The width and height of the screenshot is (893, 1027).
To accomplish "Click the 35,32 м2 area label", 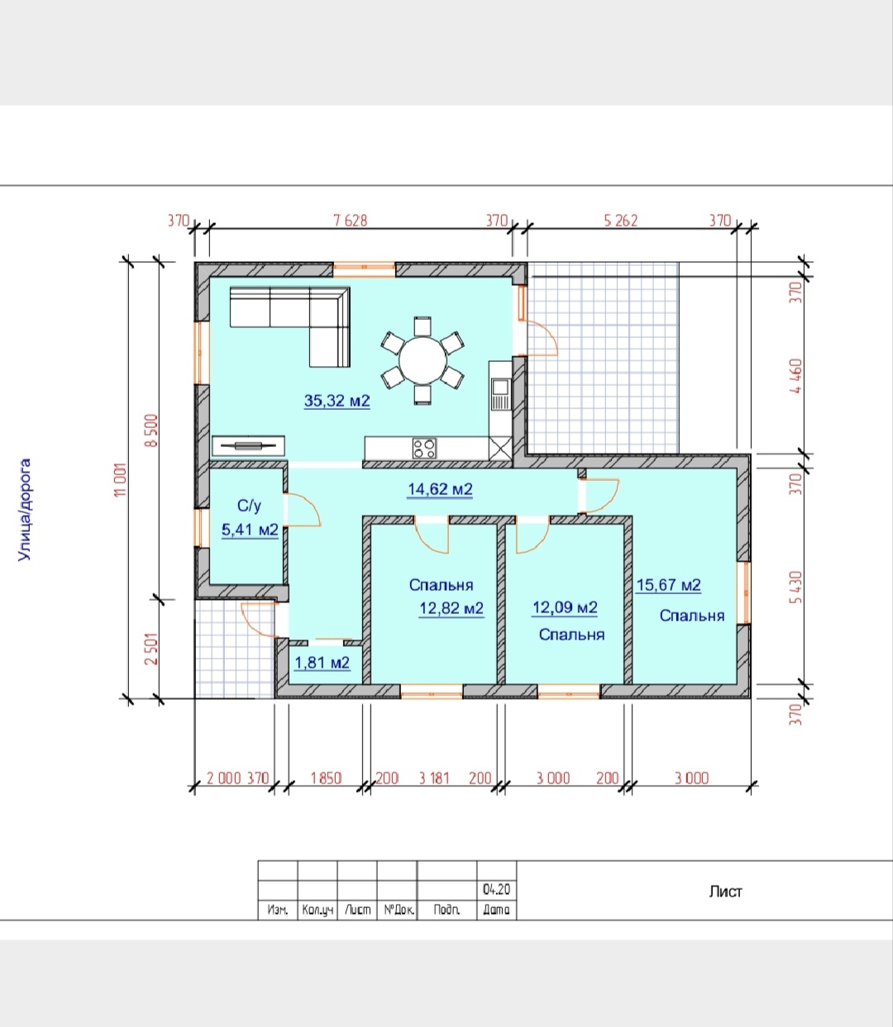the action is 337,401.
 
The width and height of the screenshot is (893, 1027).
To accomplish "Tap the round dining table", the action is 423,360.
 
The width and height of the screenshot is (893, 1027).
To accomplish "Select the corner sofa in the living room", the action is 289,326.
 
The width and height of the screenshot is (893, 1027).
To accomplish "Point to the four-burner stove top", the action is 424,449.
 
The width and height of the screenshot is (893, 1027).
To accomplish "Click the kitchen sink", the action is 499,387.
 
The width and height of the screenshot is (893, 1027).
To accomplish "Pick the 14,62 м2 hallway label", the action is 440,489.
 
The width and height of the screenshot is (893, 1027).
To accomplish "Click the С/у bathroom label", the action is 249,506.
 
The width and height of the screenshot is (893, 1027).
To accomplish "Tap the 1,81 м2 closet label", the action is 322,663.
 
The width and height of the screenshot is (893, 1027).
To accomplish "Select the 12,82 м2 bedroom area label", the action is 451,608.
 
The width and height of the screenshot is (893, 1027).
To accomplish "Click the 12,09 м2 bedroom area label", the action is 565,608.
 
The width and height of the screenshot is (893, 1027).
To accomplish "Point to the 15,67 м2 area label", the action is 668,585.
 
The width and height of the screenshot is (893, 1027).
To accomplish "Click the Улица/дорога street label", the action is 25,510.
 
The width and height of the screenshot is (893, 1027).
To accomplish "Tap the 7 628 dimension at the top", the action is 351,221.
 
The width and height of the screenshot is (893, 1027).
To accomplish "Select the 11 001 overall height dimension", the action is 121,480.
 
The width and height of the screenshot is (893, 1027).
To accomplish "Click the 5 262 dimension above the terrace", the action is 621,221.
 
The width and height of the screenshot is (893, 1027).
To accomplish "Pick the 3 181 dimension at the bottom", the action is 434,778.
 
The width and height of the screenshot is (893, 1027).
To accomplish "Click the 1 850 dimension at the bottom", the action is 326,778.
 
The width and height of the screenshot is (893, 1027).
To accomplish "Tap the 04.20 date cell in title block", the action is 496,890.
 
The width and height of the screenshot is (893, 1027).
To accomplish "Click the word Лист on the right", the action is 725,891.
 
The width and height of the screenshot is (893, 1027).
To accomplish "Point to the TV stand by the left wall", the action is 249,445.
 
